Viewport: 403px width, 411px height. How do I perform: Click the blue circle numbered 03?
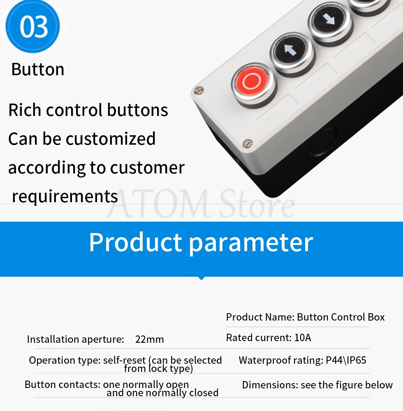click(32, 27)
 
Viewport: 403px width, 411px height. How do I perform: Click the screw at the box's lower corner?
click(247, 143)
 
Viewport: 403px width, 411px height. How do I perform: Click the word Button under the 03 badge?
click(38, 69)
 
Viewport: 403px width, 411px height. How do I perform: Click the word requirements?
click(65, 196)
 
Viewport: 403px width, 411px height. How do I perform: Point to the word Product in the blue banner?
click(135, 242)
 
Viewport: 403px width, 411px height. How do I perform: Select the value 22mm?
click(150, 339)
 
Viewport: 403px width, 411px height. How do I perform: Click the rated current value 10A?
click(303, 338)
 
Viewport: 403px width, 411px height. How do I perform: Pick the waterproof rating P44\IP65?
click(346, 360)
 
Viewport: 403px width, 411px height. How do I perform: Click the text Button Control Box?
click(341, 317)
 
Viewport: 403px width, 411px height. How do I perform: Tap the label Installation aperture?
click(75, 339)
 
